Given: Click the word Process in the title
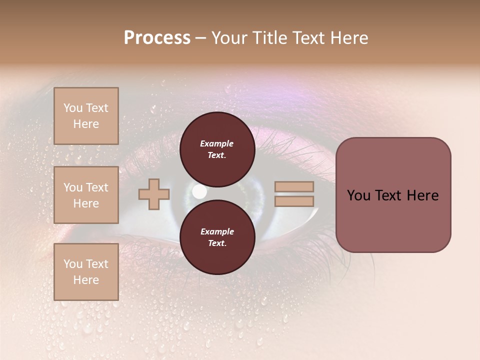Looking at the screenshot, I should [x=157, y=38].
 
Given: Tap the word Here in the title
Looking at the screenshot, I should [x=349, y=38].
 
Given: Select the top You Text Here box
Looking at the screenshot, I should [x=86, y=116].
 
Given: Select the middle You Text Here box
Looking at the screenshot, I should [x=86, y=195].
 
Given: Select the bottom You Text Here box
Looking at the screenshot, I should [x=86, y=272].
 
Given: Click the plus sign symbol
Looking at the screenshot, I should [x=154, y=194].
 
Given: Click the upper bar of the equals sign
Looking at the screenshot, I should [x=294, y=186].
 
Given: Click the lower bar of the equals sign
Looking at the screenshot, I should [x=294, y=201].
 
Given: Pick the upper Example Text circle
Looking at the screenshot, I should [x=217, y=149].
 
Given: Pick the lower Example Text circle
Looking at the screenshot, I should [x=217, y=237].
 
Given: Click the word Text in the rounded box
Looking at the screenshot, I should [x=392, y=195].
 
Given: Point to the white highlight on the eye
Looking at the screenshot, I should [x=199, y=191].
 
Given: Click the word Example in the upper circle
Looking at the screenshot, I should [x=217, y=143].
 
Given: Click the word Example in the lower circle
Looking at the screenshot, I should [x=217, y=231].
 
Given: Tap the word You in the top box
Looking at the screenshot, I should [x=73, y=108].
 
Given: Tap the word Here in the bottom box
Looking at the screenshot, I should [x=86, y=280].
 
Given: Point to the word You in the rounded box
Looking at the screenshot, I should [x=359, y=195].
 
